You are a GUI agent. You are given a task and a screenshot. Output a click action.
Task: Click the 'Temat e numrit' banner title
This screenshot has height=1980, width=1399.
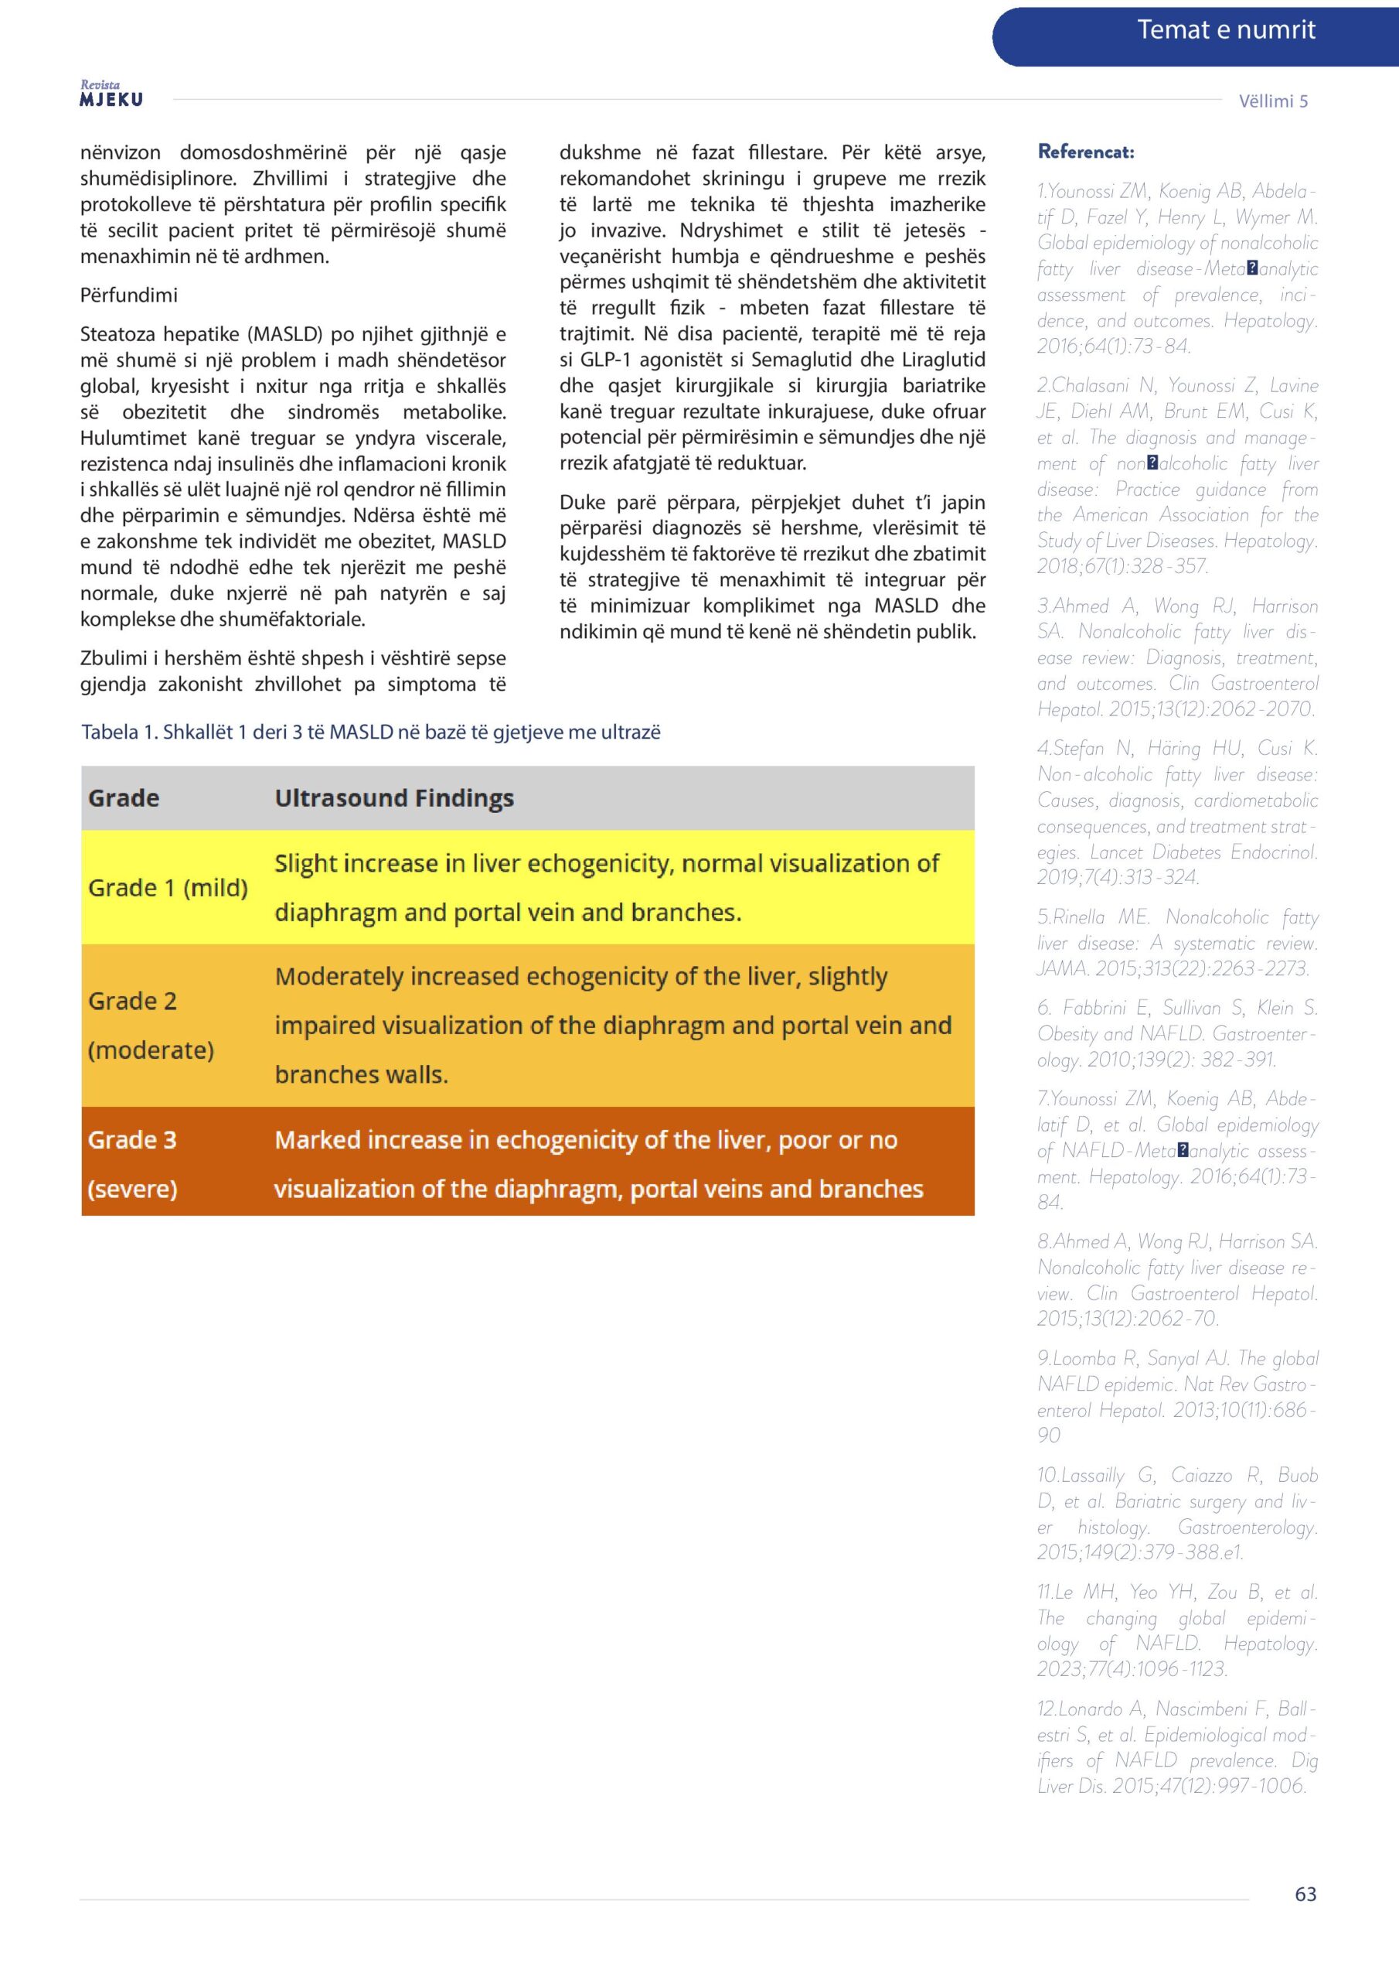point(1225,30)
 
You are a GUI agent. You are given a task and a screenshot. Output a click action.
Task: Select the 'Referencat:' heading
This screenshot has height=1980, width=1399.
point(1085,152)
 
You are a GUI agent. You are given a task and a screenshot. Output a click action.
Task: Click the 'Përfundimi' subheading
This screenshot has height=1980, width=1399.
point(128,295)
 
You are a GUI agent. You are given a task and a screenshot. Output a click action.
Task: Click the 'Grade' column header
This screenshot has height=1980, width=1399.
point(123,797)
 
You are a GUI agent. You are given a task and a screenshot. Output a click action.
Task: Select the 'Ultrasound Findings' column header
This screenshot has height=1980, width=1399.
point(394,797)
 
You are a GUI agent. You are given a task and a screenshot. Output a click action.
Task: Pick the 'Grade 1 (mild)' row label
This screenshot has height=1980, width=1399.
point(167,887)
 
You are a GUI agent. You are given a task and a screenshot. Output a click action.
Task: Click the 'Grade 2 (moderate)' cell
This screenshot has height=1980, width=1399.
point(151,1026)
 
